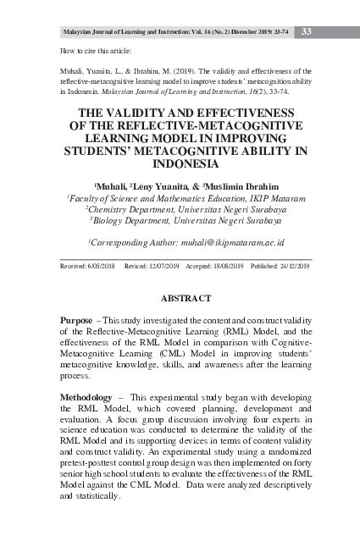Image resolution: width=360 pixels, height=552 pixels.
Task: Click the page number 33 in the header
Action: (307, 32)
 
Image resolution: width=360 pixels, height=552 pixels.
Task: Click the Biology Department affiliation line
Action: (185, 220)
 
